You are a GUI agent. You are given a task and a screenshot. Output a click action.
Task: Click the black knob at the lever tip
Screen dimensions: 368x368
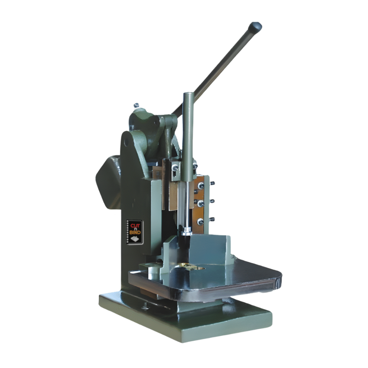[256, 27]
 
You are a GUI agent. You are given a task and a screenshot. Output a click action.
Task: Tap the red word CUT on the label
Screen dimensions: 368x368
[135, 226]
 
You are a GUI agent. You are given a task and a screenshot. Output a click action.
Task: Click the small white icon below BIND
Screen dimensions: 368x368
[135, 240]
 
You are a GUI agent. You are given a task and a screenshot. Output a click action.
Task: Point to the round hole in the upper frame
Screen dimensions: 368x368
[126, 142]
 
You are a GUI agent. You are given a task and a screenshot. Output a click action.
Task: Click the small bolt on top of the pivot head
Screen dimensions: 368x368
[136, 106]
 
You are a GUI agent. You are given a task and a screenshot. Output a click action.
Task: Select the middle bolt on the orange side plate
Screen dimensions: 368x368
[200, 203]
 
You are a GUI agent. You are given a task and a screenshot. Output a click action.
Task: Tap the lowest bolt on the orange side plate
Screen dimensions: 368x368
[200, 222]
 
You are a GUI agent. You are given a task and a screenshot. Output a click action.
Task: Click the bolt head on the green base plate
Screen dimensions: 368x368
[145, 307]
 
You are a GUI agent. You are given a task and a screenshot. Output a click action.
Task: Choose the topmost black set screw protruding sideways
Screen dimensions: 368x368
[212, 183]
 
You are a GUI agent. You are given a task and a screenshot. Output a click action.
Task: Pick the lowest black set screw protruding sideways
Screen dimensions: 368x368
[212, 219]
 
